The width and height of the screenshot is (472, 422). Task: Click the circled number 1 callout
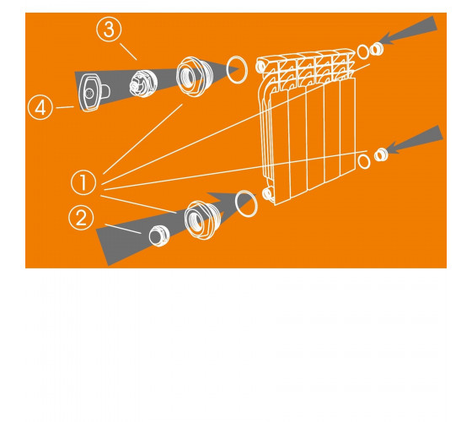tap(83, 182)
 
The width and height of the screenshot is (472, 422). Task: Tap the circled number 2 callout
tap(81, 218)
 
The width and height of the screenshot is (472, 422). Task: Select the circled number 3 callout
tap(109, 30)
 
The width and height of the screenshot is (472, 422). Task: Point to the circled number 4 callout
tap(40, 108)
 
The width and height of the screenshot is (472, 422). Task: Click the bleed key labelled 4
tap(93, 92)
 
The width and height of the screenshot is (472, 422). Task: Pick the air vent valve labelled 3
tap(143, 84)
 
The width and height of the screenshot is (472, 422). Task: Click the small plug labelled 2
tap(159, 235)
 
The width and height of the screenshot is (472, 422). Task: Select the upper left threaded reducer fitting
tap(191, 76)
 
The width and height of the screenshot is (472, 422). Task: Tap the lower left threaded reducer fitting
tap(201, 220)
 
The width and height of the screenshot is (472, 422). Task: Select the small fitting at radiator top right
tap(376, 49)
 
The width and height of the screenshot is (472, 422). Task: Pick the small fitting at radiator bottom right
tap(381, 154)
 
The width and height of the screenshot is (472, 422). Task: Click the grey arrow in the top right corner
tap(410, 30)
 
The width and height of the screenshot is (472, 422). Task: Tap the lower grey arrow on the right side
tap(416, 139)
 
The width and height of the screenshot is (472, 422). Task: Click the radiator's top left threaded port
tap(260, 67)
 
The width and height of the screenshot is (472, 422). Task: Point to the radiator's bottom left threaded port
tap(267, 193)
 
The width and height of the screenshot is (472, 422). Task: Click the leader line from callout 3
tap(128, 51)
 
